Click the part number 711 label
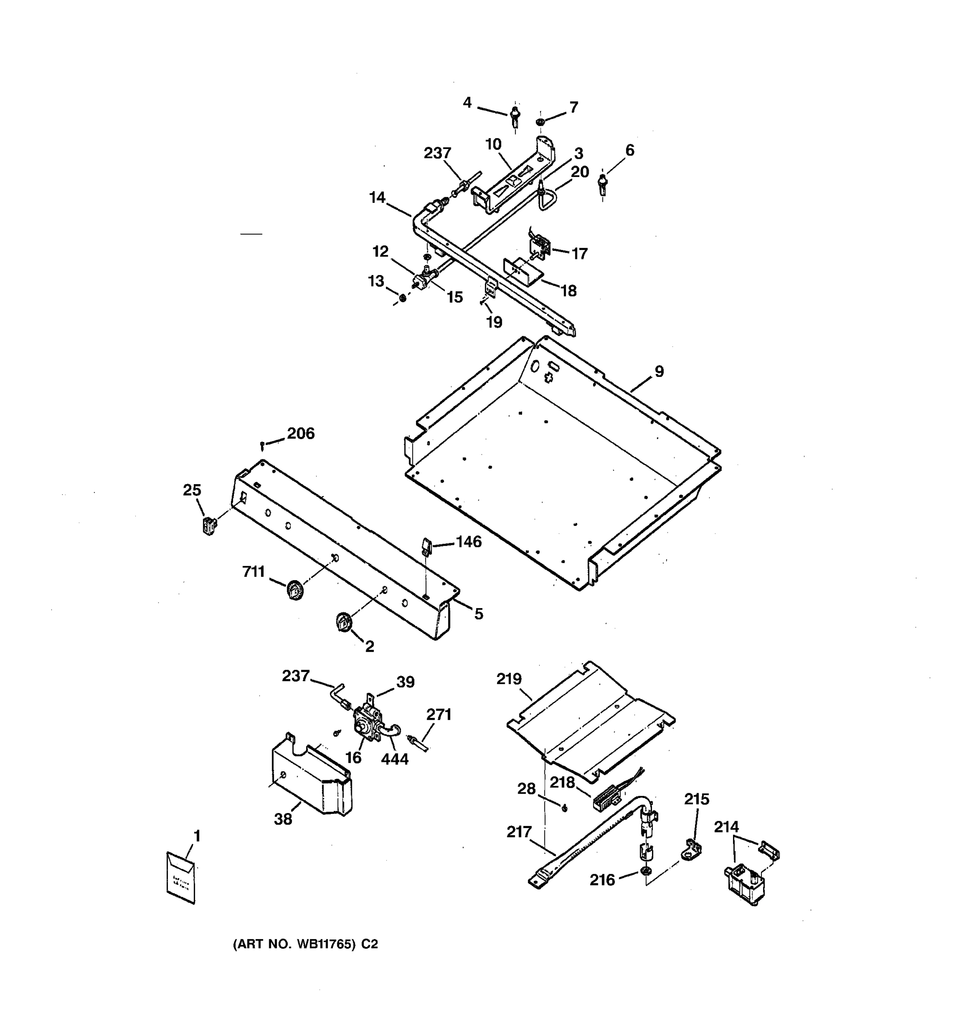click(253, 572)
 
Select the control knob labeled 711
click(294, 590)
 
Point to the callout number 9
click(658, 371)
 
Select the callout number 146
click(469, 541)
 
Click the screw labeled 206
click(263, 445)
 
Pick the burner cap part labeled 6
click(603, 183)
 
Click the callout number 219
click(509, 679)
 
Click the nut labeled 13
click(402, 299)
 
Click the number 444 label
click(394, 759)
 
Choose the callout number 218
click(562, 782)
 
